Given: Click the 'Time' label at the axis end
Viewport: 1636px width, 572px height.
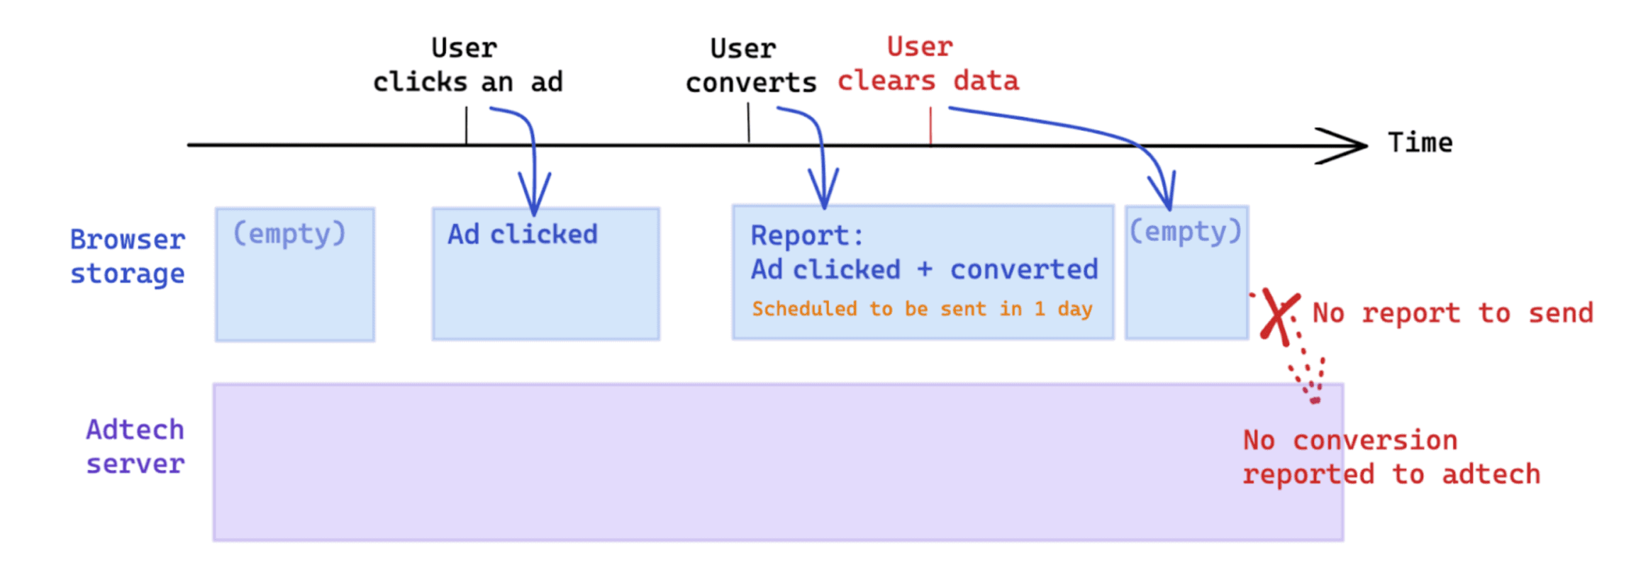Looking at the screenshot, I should click(x=1420, y=142).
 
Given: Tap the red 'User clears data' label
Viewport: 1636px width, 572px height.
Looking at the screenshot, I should click(x=928, y=65).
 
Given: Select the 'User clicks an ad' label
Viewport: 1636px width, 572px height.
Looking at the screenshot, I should click(x=467, y=65).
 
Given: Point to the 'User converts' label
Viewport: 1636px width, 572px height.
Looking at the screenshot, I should click(x=750, y=66).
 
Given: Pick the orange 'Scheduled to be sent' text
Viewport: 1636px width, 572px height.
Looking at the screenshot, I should click(x=922, y=309).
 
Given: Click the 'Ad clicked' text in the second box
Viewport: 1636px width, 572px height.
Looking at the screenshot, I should click(x=522, y=235).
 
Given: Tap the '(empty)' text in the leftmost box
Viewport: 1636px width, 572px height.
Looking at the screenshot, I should click(x=289, y=233).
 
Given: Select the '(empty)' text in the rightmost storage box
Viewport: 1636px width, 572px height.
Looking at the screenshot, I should click(x=1185, y=232).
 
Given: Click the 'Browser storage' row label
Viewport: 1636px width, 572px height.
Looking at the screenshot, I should click(x=128, y=257).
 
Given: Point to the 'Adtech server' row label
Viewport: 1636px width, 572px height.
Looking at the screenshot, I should click(x=135, y=447).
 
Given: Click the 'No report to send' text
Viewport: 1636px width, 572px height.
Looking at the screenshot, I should click(x=1452, y=313).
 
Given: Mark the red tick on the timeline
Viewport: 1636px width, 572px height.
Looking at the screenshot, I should click(x=930, y=126).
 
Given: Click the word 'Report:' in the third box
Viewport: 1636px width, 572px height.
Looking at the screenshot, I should click(x=806, y=235).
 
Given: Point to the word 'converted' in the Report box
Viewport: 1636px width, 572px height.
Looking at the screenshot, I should click(x=1023, y=270).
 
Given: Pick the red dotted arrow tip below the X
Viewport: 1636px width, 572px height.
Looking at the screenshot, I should click(x=1315, y=400).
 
